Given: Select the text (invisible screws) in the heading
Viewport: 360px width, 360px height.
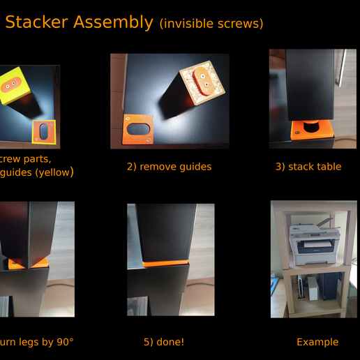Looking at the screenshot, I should tap(211, 24).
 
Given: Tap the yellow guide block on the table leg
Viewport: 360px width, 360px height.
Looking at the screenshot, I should tap(15, 84).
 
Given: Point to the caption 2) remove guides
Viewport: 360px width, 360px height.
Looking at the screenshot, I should tap(169, 167).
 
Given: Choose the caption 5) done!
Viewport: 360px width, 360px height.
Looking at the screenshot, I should tap(164, 342).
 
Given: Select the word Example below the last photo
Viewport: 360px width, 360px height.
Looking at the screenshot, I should tap(317, 342).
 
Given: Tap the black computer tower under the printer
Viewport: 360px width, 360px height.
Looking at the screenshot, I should tap(329, 286).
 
